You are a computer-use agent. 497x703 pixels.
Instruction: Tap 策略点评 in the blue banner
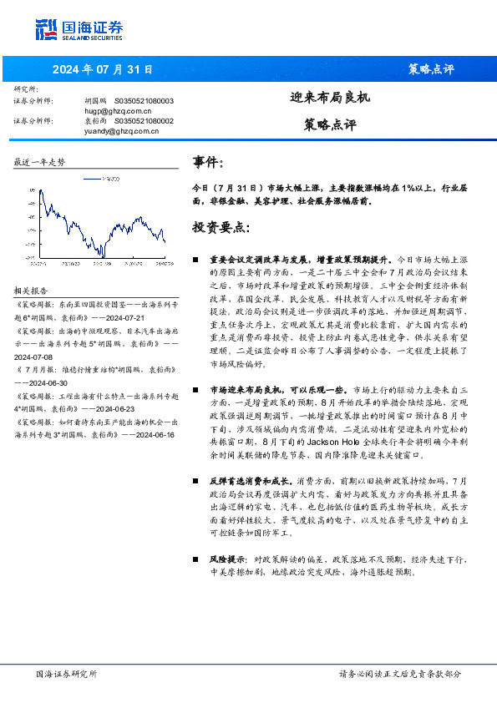(435, 69)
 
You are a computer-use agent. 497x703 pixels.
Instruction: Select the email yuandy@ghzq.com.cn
(120, 131)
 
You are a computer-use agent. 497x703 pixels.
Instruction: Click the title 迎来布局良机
(329, 97)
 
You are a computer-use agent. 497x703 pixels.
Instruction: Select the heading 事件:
(208, 163)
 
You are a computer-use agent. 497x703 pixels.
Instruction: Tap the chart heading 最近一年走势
(39, 162)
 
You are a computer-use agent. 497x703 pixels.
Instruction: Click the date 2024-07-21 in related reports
(123, 318)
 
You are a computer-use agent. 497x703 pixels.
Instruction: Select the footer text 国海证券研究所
(67, 673)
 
